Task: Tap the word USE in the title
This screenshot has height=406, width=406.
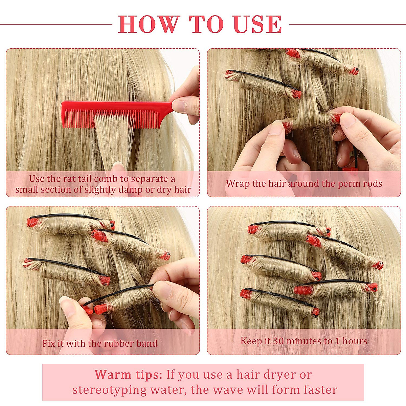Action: pyautogui.click(x=257, y=24)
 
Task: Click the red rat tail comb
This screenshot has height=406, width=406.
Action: pyautogui.click(x=112, y=113)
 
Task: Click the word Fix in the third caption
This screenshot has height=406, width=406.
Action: pyautogui.click(x=49, y=343)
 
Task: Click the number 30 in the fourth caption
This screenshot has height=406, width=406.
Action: pyautogui.click(x=278, y=341)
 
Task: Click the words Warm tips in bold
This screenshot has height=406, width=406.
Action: pyautogui.click(x=127, y=375)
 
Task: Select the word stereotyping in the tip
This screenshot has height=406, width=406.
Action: pyautogui.click(x=110, y=390)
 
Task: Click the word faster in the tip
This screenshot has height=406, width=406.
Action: pyautogui.click(x=320, y=390)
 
